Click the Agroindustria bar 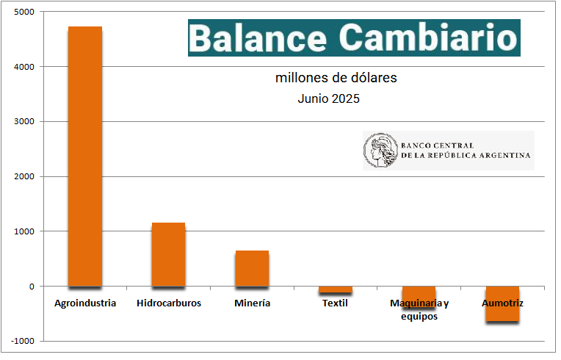pyautogui.click(x=85, y=156)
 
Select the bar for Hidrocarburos pyautogui.click(x=168, y=254)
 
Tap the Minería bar pyautogui.click(x=252, y=268)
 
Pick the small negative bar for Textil pyautogui.click(x=335, y=289)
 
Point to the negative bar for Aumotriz pyautogui.click(x=502, y=303)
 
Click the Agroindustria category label pyautogui.click(x=85, y=303)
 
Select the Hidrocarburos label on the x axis pyautogui.click(x=169, y=303)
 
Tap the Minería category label pyautogui.click(x=252, y=303)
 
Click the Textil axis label pyautogui.click(x=335, y=303)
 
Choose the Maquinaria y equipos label pyautogui.click(x=419, y=309)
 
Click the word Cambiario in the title pyautogui.click(x=427, y=37)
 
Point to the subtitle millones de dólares pyautogui.click(x=336, y=77)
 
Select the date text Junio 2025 pyautogui.click(x=328, y=98)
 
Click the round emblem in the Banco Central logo pyautogui.click(x=380, y=150)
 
